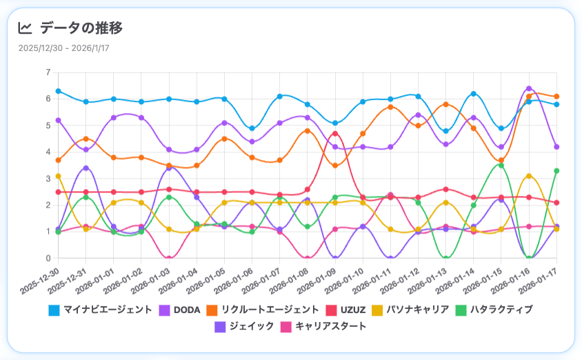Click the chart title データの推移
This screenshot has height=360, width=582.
81,28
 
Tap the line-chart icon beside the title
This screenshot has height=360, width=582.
25,28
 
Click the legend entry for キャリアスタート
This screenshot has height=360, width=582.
323,326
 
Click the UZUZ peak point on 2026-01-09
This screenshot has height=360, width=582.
335,134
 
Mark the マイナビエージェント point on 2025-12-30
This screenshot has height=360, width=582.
59,91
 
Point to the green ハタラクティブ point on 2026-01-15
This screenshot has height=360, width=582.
501,166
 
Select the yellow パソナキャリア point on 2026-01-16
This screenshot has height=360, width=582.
529,176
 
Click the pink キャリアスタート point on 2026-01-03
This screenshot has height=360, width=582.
169,258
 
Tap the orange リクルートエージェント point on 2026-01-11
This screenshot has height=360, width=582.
390,107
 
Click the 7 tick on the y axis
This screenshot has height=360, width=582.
48,72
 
